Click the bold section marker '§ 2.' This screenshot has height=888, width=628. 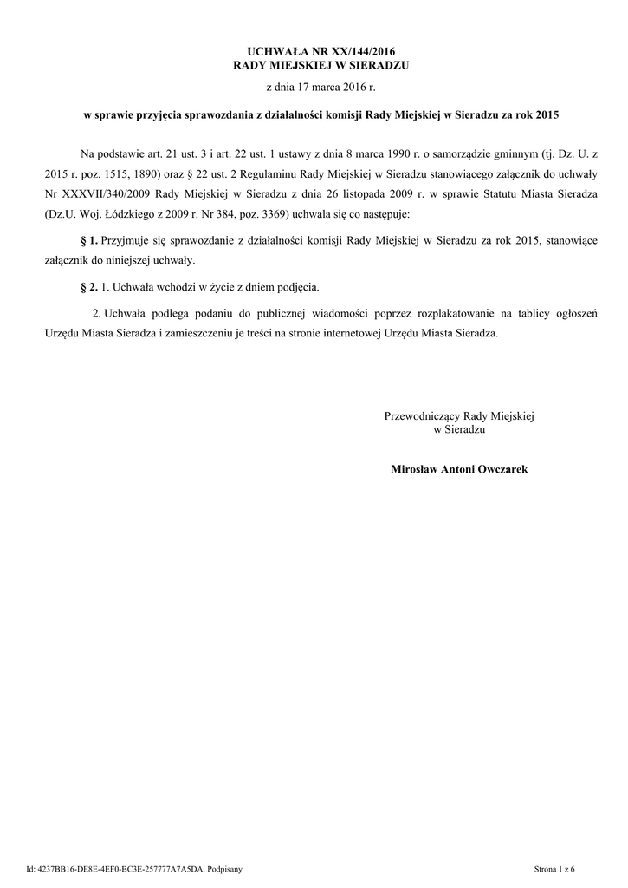coord(88,285)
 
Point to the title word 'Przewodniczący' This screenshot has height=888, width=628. coord(423,416)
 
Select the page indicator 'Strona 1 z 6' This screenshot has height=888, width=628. coord(555,868)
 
